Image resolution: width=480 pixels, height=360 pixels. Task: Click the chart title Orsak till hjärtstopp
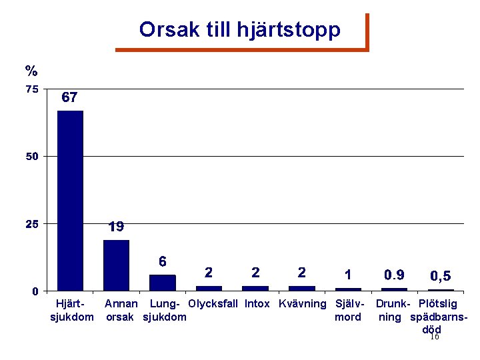[x=240, y=30]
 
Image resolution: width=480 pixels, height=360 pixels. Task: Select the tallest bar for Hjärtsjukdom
[x=70, y=200]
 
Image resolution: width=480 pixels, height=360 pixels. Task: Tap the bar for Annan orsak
[x=116, y=265]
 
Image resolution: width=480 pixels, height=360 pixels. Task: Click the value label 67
[x=70, y=97]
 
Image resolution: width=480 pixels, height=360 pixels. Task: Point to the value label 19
[x=116, y=227]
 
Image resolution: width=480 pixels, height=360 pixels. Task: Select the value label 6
[x=162, y=261]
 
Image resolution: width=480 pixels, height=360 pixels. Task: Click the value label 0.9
[x=394, y=274]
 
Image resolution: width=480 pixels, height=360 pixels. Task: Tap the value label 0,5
[x=440, y=275]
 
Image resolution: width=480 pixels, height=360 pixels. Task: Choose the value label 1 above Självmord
[x=348, y=274]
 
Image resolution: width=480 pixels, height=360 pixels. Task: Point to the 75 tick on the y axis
[x=31, y=89]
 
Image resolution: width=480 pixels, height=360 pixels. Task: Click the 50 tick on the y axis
[x=31, y=156]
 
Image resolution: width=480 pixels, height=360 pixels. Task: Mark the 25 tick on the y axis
[x=31, y=223]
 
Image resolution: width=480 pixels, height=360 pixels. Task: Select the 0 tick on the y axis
[x=35, y=291]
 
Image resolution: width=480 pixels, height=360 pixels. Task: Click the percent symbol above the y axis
[x=31, y=71]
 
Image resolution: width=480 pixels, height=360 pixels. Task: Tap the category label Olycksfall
[x=213, y=304]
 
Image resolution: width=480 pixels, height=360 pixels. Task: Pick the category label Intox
[x=257, y=304]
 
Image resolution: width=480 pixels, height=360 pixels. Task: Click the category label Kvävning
[x=302, y=304]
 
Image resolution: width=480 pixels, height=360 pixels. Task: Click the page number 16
[x=434, y=337]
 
